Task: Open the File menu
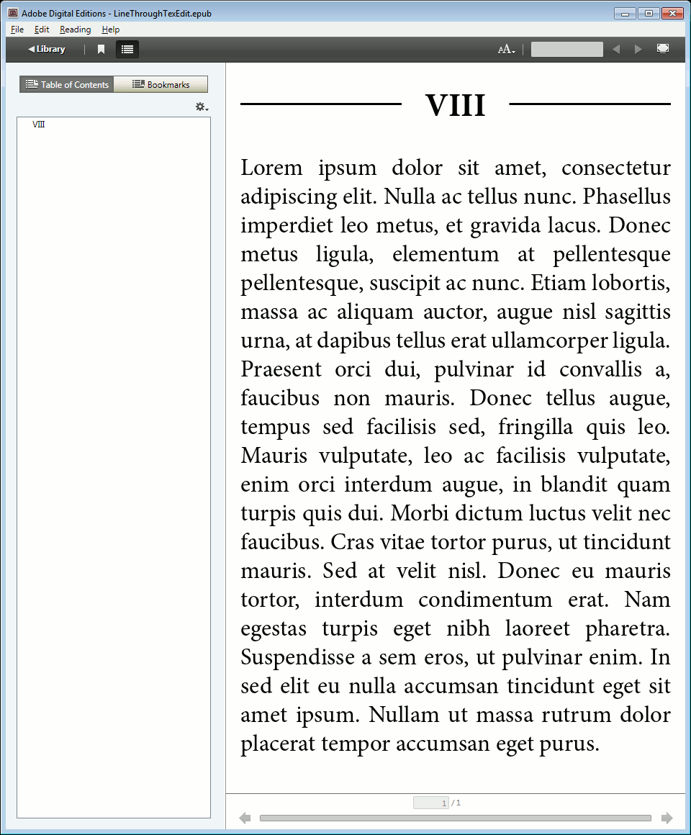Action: (17, 30)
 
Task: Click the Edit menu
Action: (42, 30)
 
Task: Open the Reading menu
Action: (75, 30)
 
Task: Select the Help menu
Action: (110, 30)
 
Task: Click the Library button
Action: (47, 49)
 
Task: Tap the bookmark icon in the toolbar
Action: (101, 49)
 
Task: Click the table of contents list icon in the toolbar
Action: (127, 49)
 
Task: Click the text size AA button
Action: (506, 49)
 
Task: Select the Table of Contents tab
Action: (67, 84)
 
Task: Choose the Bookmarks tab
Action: (161, 84)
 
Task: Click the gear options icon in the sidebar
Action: (202, 107)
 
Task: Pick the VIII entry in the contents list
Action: (39, 125)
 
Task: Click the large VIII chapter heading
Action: (455, 105)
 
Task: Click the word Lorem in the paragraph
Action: (271, 168)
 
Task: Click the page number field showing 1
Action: (431, 803)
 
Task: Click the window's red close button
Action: (672, 13)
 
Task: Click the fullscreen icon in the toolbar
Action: (663, 48)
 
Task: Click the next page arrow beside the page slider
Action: (667, 818)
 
